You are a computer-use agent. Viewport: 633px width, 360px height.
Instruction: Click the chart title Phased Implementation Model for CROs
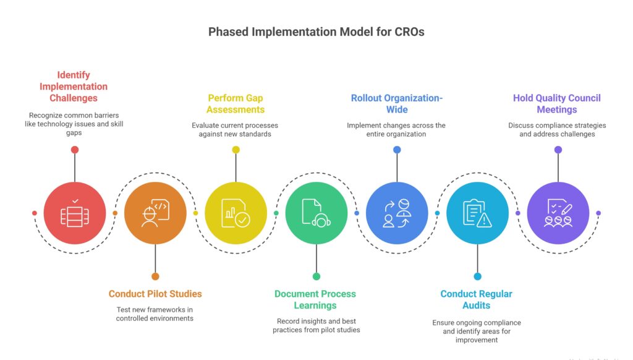316,32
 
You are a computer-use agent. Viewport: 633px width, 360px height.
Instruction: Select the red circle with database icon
75,213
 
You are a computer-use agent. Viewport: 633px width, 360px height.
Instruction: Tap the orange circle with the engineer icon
155,213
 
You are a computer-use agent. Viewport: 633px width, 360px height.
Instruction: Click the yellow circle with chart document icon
236,213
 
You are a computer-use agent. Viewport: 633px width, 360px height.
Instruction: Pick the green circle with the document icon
316,213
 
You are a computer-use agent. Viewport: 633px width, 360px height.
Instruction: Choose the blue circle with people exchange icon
397,213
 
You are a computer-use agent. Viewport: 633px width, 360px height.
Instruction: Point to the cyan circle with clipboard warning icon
477,213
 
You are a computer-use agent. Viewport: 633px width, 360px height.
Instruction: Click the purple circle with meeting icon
558,213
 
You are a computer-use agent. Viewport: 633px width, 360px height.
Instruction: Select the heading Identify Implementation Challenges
75,87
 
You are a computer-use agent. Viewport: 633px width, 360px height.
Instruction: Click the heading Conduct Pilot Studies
155,294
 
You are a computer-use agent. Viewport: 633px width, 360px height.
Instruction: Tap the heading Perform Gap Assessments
236,103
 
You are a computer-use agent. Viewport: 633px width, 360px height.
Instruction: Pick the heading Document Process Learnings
316,299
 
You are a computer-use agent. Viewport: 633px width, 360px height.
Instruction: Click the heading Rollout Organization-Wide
397,103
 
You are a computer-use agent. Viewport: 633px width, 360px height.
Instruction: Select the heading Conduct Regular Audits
477,299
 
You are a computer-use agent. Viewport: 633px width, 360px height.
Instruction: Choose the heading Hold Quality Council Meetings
557,103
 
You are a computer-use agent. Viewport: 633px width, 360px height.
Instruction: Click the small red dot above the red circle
75,150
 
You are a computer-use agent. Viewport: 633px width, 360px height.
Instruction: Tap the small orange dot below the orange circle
155,276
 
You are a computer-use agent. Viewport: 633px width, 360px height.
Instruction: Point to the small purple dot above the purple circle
558,150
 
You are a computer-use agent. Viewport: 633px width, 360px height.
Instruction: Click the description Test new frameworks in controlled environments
155,314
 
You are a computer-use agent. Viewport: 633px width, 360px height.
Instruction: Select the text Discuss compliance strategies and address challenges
557,129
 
